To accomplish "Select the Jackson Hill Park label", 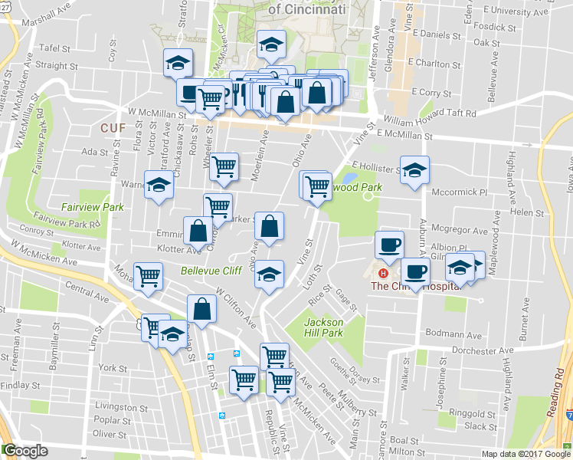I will coord(323,328).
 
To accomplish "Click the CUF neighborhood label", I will coord(113,127).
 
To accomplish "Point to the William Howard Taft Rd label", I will coord(430,113).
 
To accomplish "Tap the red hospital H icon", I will coord(383,273).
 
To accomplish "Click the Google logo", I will coord(25,451).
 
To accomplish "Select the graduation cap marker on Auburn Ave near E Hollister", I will coord(414,171).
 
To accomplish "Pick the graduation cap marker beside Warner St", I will coord(159,186).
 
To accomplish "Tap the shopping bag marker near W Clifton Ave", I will coord(201,310).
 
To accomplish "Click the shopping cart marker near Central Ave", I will coord(148,277).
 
